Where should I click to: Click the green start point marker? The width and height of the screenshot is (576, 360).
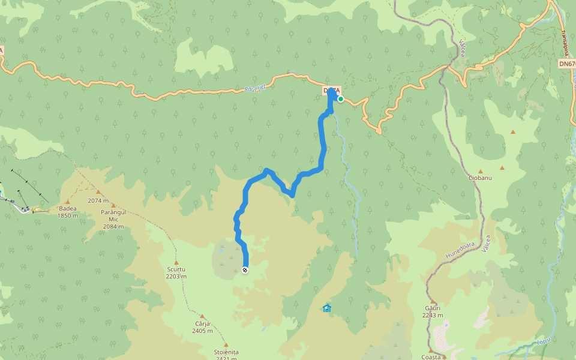click(x=340, y=99)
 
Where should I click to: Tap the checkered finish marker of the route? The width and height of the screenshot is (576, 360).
click(x=245, y=270)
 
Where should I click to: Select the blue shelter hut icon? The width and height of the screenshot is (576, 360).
click(x=326, y=308)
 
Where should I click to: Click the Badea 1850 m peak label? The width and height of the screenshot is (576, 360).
click(x=67, y=212)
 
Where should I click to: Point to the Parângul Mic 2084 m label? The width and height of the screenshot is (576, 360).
click(x=113, y=219)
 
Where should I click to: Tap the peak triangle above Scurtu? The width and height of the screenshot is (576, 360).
click(x=176, y=262)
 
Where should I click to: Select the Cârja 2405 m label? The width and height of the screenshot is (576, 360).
click(x=202, y=326)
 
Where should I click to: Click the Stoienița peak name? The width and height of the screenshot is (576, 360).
click(x=226, y=352)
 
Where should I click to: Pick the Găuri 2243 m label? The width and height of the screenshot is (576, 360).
click(x=433, y=311)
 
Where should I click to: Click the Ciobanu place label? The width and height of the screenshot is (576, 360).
click(x=480, y=178)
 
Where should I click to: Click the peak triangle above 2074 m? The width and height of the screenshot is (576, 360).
click(x=98, y=192)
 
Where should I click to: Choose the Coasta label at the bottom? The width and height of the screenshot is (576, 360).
click(x=431, y=356)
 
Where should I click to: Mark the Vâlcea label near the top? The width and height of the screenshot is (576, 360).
click(x=463, y=48)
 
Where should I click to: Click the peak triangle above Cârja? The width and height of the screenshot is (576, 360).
click(x=202, y=316)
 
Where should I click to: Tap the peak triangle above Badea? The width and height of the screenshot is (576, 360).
click(x=67, y=202)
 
